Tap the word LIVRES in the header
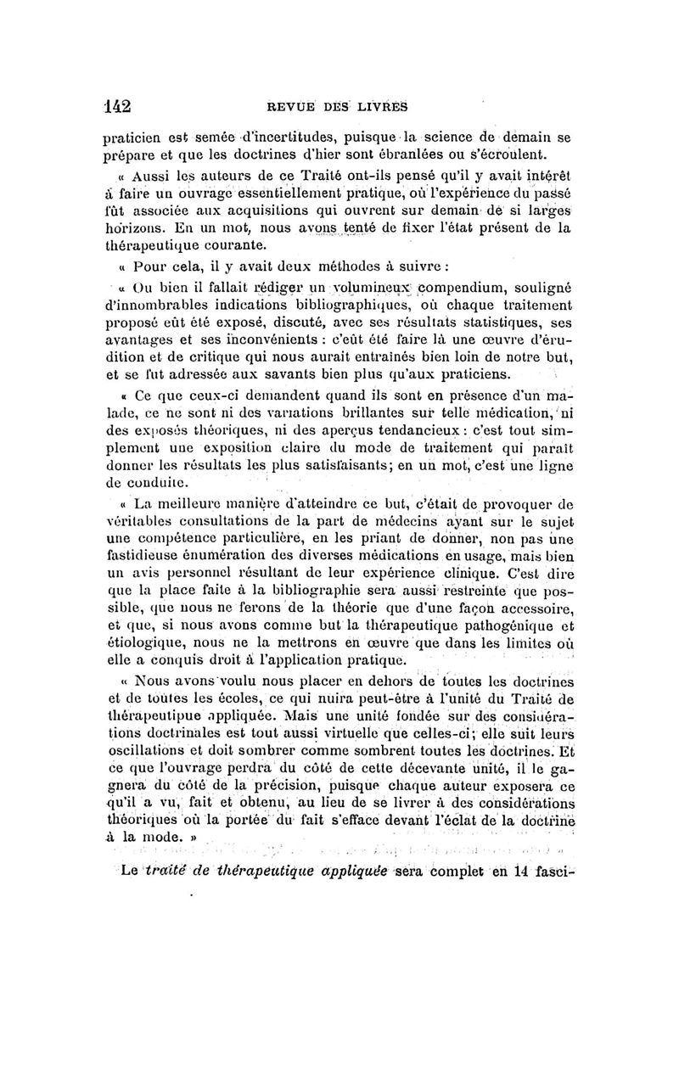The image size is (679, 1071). [382, 107]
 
